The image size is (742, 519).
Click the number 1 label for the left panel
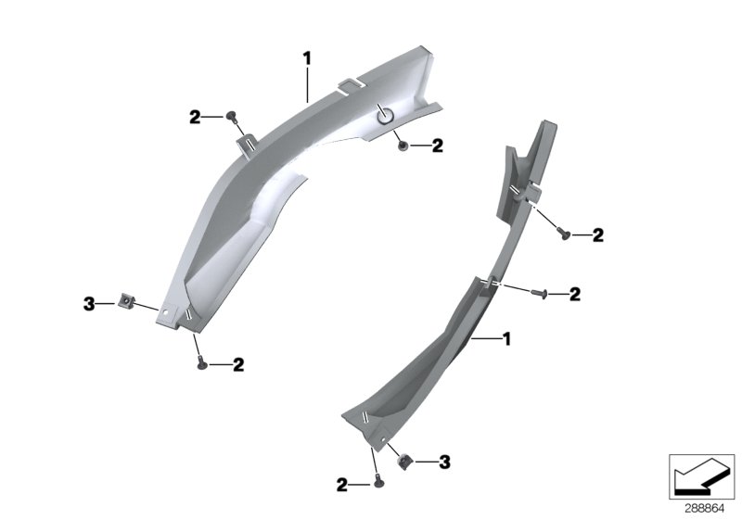[x=307, y=58]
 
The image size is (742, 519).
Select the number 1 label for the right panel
[x=506, y=340]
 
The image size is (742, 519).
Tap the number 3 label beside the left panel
[x=89, y=303]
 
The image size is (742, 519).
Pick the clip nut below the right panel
[x=404, y=459]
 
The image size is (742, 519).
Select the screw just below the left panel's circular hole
[x=403, y=146]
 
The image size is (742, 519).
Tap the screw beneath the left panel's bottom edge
[x=201, y=364]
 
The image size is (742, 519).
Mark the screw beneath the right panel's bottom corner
[x=377, y=482]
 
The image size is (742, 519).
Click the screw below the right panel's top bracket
[x=565, y=236]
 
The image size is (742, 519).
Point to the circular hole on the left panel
[x=384, y=115]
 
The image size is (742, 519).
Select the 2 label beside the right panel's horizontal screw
[x=575, y=295]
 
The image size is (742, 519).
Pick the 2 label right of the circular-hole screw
[x=437, y=146]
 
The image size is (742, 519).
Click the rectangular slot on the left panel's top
[x=348, y=85]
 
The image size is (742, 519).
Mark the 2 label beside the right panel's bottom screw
[x=342, y=484]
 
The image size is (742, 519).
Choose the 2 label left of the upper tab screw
[x=195, y=117]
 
